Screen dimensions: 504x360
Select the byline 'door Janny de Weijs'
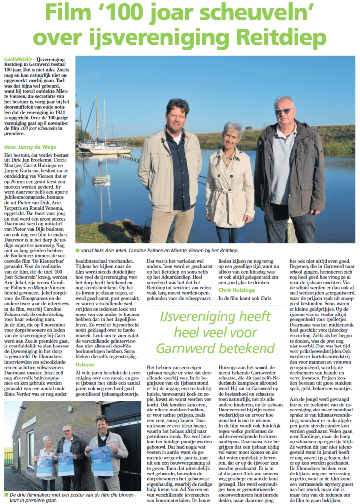tap(30, 147)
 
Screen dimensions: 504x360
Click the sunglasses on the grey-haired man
tap(284, 112)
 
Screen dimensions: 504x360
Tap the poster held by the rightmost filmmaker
tap(101, 461)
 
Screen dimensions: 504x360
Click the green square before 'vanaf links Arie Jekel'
tap(78, 251)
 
